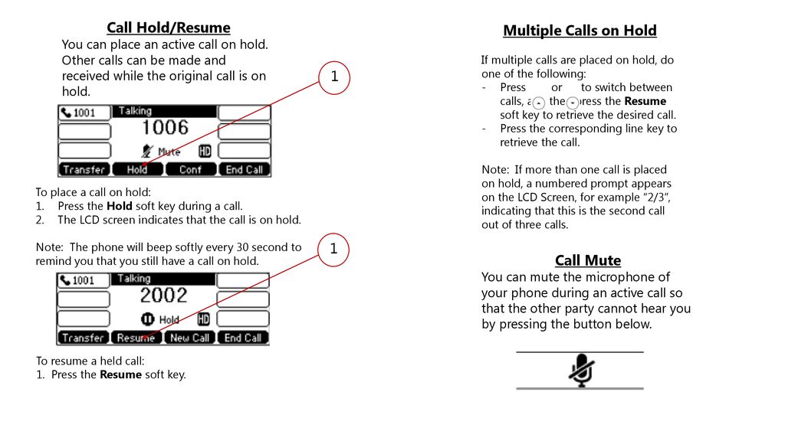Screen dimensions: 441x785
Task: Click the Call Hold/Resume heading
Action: (168, 28)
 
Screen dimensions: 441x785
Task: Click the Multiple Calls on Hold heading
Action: (580, 31)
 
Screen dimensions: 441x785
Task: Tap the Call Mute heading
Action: (587, 260)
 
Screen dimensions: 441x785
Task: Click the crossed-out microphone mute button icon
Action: (580, 371)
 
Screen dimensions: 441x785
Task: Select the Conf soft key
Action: (190, 169)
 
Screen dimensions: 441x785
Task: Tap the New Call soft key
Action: (190, 338)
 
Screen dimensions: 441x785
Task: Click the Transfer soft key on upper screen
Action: (84, 169)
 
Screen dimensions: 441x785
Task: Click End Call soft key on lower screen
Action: (244, 338)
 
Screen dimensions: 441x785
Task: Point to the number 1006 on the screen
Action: (164, 127)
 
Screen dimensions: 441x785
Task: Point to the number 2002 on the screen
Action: (163, 296)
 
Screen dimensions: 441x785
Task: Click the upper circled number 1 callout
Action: (334, 77)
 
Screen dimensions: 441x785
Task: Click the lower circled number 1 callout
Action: (334, 250)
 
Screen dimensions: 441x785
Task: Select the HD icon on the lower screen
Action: (203, 319)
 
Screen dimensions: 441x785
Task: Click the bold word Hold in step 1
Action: (119, 206)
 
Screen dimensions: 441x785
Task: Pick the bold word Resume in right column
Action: (645, 101)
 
